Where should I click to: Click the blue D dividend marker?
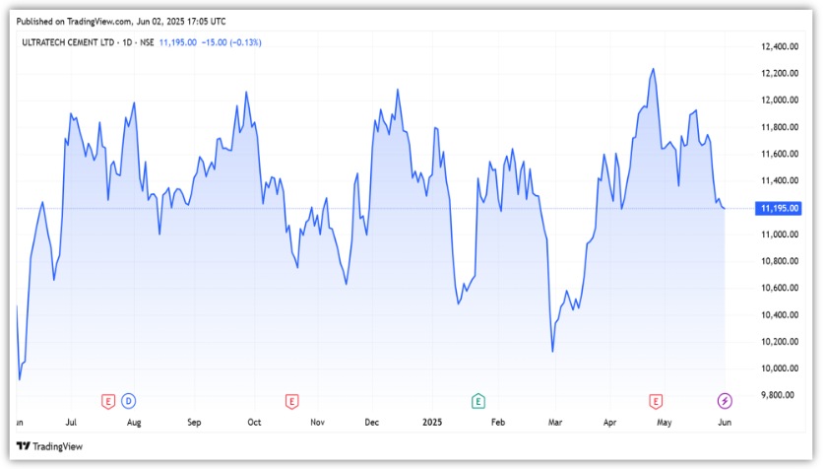pyautogui.click(x=129, y=400)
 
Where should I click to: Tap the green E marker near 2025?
pyautogui.click(x=477, y=400)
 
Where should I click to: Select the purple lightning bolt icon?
pyautogui.click(x=726, y=400)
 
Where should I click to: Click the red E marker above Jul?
pyautogui.click(x=109, y=400)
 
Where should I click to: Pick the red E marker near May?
pyautogui.click(x=656, y=400)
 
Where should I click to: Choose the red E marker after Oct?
pyautogui.click(x=291, y=400)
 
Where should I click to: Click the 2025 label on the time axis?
pyautogui.click(x=433, y=422)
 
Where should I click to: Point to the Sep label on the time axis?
pyautogui.click(x=194, y=422)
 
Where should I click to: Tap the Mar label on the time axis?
pyautogui.click(x=555, y=422)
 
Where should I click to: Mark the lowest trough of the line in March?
pyautogui.click(x=552, y=351)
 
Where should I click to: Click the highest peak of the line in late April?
pyautogui.click(x=653, y=69)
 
